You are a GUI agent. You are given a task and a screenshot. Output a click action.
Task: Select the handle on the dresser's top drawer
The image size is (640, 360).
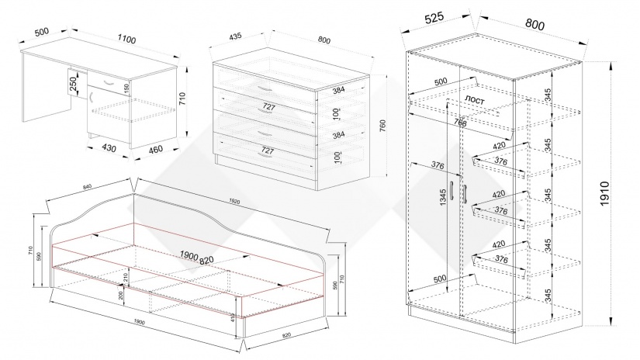(265, 85)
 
